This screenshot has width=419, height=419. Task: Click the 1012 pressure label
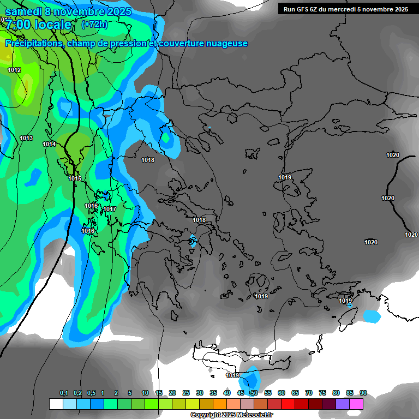(14, 70)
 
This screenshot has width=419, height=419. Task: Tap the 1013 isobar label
(26, 138)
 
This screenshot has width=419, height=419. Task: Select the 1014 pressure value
(49, 144)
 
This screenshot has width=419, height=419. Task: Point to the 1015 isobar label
(75, 178)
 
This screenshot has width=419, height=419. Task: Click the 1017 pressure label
(110, 209)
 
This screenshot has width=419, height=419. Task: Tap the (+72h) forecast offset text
(94, 25)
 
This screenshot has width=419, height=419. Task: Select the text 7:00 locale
(38, 25)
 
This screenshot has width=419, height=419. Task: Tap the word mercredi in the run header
(342, 9)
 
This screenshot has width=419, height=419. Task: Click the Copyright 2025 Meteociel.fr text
(232, 415)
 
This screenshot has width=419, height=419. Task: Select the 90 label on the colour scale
(363, 393)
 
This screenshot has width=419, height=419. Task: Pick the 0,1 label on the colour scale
(64, 393)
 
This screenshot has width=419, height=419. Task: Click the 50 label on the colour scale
(254, 393)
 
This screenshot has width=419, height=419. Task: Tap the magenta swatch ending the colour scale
(356, 404)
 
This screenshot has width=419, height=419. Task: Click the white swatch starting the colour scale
(56, 404)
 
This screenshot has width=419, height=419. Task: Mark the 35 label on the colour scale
(213, 393)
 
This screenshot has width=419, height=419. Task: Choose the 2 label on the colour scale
(116, 393)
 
